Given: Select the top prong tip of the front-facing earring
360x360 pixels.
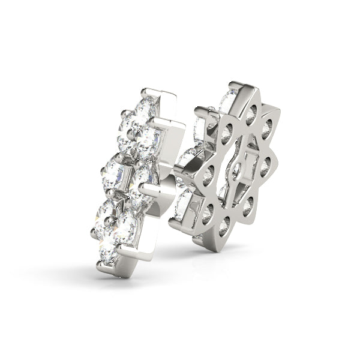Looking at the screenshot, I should click(144, 91).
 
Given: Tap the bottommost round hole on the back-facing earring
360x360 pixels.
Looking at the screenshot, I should click(223, 226).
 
